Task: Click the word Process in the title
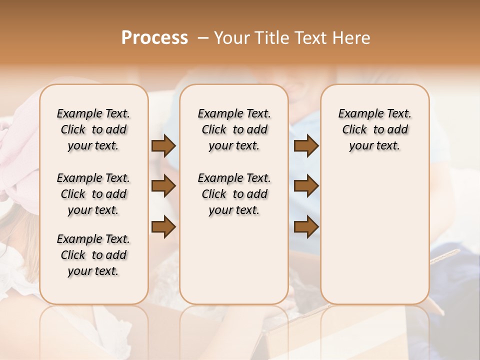tap(154, 38)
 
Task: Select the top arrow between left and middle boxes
tap(163, 145)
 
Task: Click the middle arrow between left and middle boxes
tap(163, 186)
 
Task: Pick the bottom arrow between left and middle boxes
tap(163, 226)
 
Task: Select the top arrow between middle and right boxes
tap(306, 145)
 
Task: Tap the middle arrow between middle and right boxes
tap(306, 186)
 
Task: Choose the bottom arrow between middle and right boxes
tap(306, 226)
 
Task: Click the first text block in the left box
tap(93, 129)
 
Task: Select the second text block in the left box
tap(93, 194)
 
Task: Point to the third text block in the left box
tap(93, 255)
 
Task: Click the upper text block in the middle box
tap(234, 129)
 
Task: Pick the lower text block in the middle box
tap(234, 194)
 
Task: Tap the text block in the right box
tap(374, 129)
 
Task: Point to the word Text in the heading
tap(310, 38)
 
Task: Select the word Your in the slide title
tap(230, 38)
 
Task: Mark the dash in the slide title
tap(203, 38)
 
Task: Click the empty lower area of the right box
tap(374, 235)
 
